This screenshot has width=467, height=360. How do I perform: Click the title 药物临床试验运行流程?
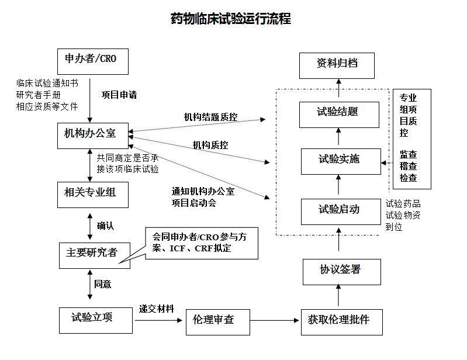tap(230, 19)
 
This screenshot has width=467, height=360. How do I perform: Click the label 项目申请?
tap(119, 95)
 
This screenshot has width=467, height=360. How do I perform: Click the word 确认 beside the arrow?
tap(105, 226)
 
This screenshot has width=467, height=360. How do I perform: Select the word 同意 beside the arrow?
tap(103, 285)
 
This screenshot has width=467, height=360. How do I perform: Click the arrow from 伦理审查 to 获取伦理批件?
tap(275, 320)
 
